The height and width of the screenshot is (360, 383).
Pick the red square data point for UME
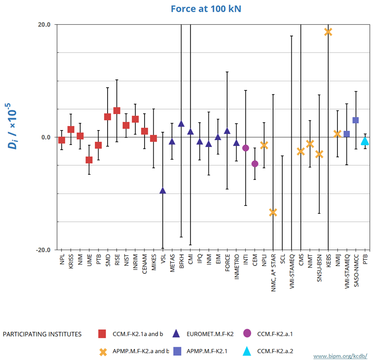pos(89,160)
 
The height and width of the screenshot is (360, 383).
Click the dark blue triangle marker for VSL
pos(163,190)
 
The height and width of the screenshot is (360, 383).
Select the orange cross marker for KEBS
pos(328,31)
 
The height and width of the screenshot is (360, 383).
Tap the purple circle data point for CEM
pos(255,164)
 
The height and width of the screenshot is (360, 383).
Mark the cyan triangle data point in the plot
pos(365,141)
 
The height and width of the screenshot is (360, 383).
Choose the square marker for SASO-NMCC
pos(356,120)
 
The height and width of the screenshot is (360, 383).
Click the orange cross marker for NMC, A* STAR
pos(273,212)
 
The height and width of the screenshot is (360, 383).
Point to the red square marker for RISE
pos(117,110)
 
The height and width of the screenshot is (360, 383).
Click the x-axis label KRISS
pos(71,261)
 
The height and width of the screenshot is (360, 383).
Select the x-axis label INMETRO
pos(237,264)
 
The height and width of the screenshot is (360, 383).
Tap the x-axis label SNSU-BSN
pos(319,266)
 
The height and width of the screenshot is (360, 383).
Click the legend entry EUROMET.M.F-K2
pos(210,334)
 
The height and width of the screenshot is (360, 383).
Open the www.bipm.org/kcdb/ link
pos(340,355)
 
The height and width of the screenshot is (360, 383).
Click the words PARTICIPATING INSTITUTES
pos(42,334)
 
